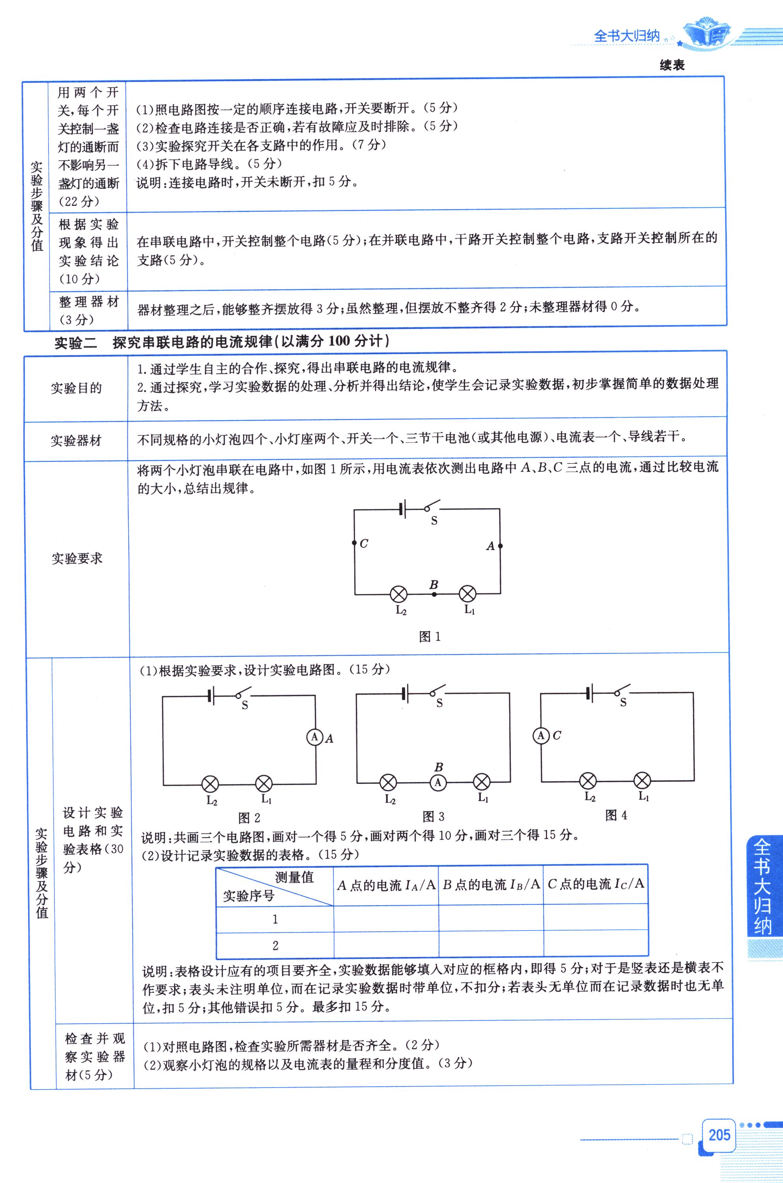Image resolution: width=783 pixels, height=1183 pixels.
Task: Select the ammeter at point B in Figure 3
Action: tap(438, 783)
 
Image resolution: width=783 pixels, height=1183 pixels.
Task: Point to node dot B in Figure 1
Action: tap(434, 594)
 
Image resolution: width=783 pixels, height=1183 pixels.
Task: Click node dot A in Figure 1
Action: tap(500, 546)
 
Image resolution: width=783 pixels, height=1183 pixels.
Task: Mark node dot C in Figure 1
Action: tap(354, 543)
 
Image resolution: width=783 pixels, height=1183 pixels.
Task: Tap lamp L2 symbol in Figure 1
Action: tap(398, 594)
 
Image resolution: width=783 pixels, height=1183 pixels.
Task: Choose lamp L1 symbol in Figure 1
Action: tap(467, 594)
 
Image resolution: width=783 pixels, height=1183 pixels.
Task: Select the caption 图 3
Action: tap(433, 817)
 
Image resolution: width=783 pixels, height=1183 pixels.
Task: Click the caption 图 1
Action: tap(430, 636)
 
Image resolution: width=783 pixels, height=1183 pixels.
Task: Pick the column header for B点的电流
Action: tap(491, 884)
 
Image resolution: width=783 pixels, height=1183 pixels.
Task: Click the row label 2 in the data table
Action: tap(275, 945)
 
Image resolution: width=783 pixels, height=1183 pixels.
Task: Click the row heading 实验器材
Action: tap(76, 441)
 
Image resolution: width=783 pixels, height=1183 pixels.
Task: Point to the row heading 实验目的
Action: tap(76, 388)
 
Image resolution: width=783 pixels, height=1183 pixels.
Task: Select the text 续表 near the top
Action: tap(672, 65)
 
